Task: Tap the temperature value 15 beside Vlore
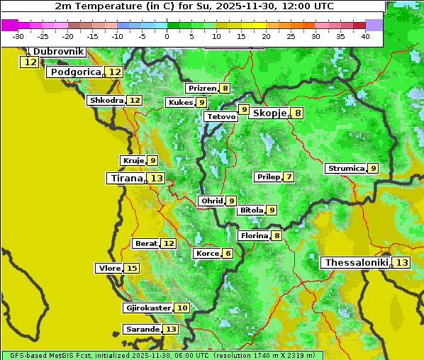pos(131,268)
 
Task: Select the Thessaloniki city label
pos(356,263)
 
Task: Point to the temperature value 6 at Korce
pos(227,254)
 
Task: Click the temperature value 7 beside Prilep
pos(289,176)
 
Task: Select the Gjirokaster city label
pos(147,308)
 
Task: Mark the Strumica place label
pos(345,169)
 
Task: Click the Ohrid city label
pos(211,201)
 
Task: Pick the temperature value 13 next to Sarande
pos(170,330)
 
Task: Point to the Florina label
pos(254,235)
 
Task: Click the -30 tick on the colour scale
pos(18,36)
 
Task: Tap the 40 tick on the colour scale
pos(365,36)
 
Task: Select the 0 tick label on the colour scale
pos(167,36)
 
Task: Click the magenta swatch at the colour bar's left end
pos(9,25)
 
